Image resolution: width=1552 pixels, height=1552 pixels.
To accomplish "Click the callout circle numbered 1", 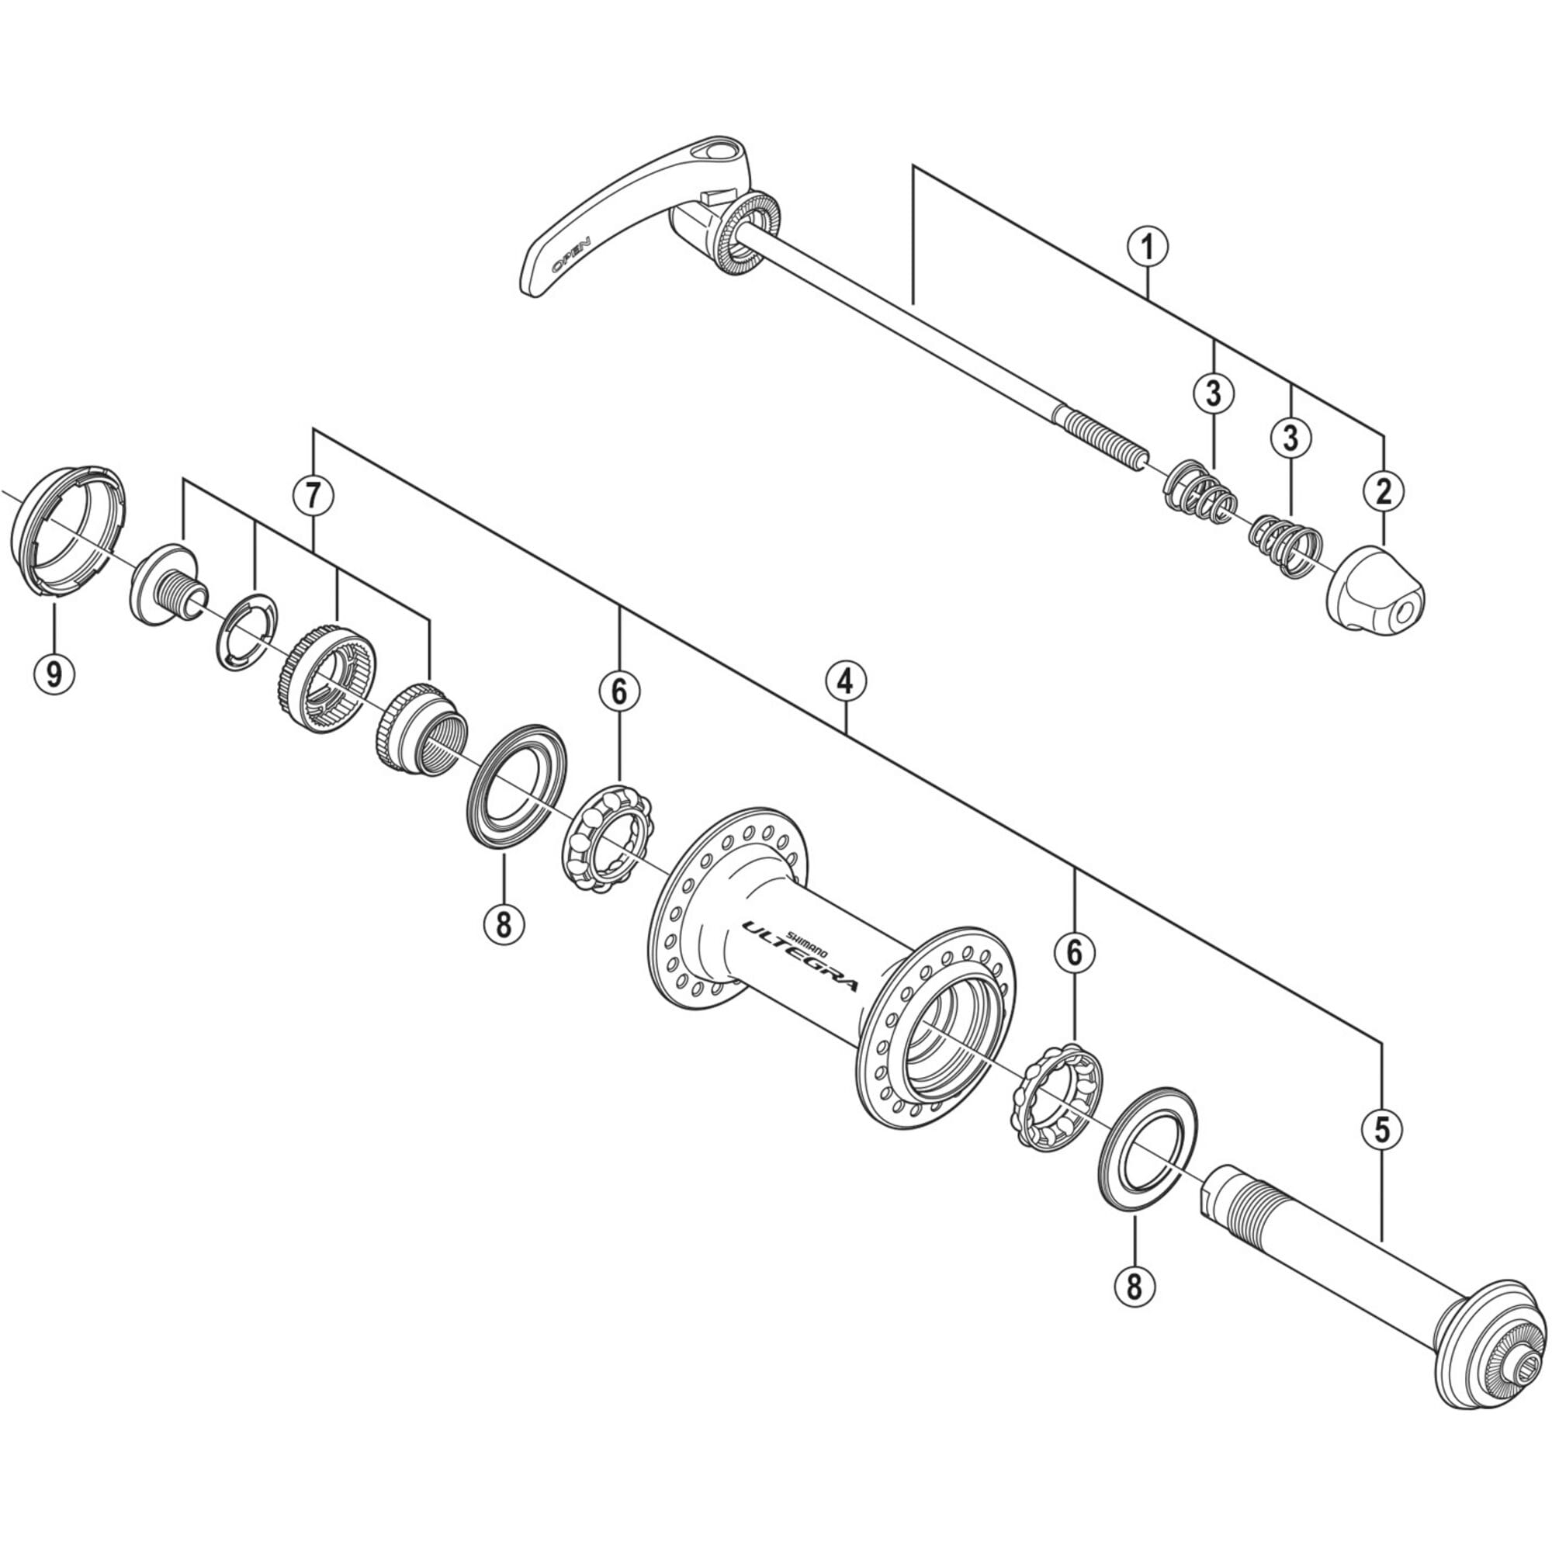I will tap(1147, 247).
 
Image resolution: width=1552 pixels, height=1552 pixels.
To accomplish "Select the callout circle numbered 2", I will tap(1384, 491).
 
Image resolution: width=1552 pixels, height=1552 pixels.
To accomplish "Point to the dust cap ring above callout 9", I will tap(68, 529).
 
